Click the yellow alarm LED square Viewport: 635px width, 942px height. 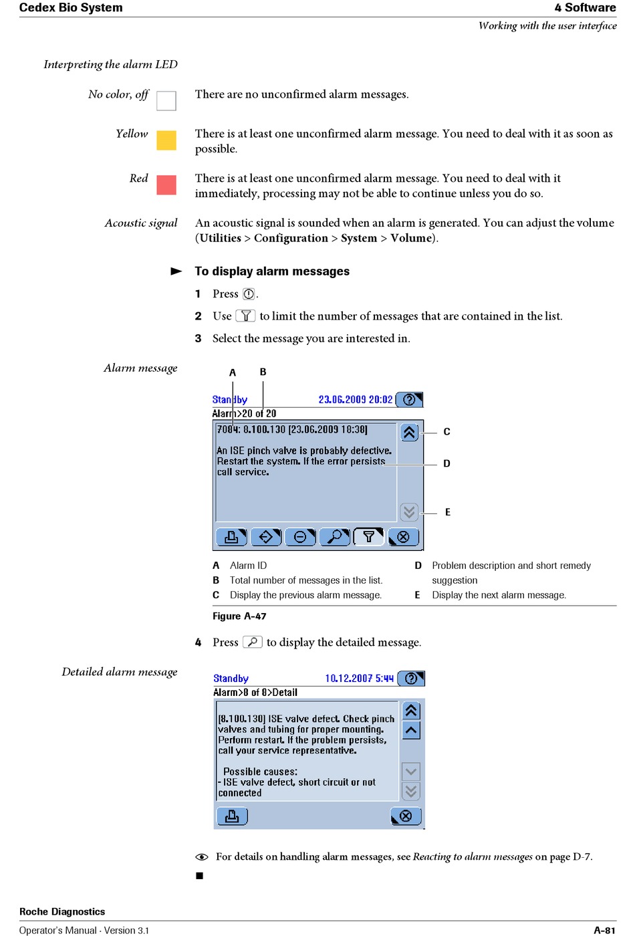tap(166, 140)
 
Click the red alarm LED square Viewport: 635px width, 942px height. tap(166, 185)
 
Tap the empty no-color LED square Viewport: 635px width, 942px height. tap(166, 101)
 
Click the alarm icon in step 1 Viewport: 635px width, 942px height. tap(249, 293)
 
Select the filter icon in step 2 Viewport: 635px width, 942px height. tap(245, 316)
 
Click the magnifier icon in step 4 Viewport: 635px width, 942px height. tap(253, 642)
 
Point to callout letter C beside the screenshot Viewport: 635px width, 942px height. tap(447, 432)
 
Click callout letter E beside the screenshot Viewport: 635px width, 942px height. tap(447, 512)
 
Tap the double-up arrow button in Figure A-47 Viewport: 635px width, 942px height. tap(409, 433)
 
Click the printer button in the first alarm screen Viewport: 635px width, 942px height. tap(231, 537)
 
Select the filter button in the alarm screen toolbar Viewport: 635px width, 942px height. tap(369, 537)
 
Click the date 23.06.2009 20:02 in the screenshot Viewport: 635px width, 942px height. tap(356, 399)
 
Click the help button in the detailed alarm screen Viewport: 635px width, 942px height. tap(411, 678)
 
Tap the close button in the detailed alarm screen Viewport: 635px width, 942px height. tap(406, 816)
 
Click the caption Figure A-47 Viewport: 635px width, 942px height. tap(239, 616)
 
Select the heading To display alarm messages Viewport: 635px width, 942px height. tap(272, 271)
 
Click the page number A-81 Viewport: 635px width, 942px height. tap(605, 931)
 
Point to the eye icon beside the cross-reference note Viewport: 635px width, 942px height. tap(201, 856)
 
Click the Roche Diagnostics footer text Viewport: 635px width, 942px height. tap(62, 911)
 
